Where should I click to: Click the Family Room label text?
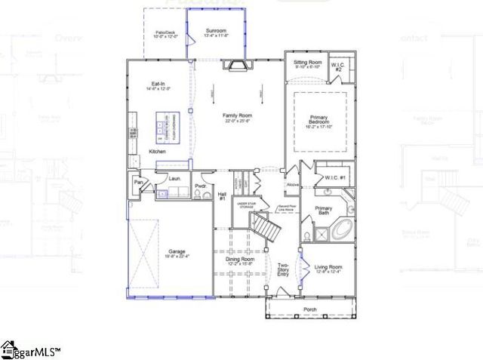[236, 117]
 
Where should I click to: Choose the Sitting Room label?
[307, 63]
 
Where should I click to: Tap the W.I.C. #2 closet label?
[339, 67]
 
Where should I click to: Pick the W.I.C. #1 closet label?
[336, 178]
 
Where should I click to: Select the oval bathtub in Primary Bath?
[339, 230]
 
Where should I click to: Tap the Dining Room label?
[239, 261]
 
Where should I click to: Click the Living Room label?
[328, 269]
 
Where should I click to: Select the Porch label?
[309, 309]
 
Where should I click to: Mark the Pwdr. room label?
[200, 186]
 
